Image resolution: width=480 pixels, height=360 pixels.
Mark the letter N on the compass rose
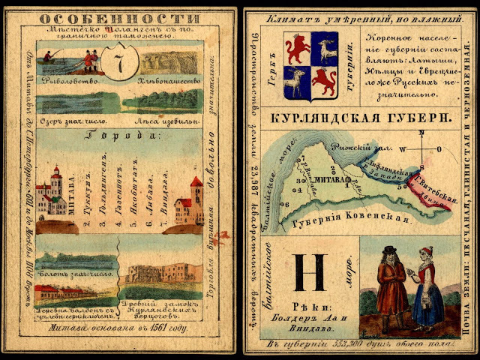pos(421,136)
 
